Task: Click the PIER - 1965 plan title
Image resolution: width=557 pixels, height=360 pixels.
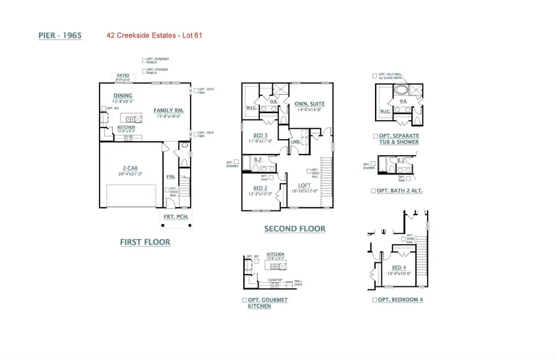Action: point(60,36)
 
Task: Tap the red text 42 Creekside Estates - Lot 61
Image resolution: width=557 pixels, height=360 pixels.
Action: point(155,36)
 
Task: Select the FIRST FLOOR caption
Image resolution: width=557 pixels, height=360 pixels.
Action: point(145,242)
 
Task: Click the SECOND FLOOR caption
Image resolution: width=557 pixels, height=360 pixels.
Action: point(295,229)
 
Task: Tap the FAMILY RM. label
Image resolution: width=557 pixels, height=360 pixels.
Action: point(168,110)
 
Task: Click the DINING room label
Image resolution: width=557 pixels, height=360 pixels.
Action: point(123,96)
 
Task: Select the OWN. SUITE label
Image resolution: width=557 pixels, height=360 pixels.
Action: point(309,104)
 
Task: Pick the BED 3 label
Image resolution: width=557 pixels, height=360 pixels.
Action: point(261,135)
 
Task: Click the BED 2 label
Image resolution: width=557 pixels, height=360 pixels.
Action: point(261,188)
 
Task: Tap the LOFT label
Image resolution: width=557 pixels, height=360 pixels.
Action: point(304,185)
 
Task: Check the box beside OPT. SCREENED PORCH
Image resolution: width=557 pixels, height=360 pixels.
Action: point(144,61)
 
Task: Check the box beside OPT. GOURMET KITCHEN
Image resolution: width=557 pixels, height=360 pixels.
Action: point(244,300)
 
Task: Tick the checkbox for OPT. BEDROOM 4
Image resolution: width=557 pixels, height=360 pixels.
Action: point(374,299)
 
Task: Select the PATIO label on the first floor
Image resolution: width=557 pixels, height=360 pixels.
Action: point(123,75)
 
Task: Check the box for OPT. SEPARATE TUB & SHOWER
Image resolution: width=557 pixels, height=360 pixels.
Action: point(375,135)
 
